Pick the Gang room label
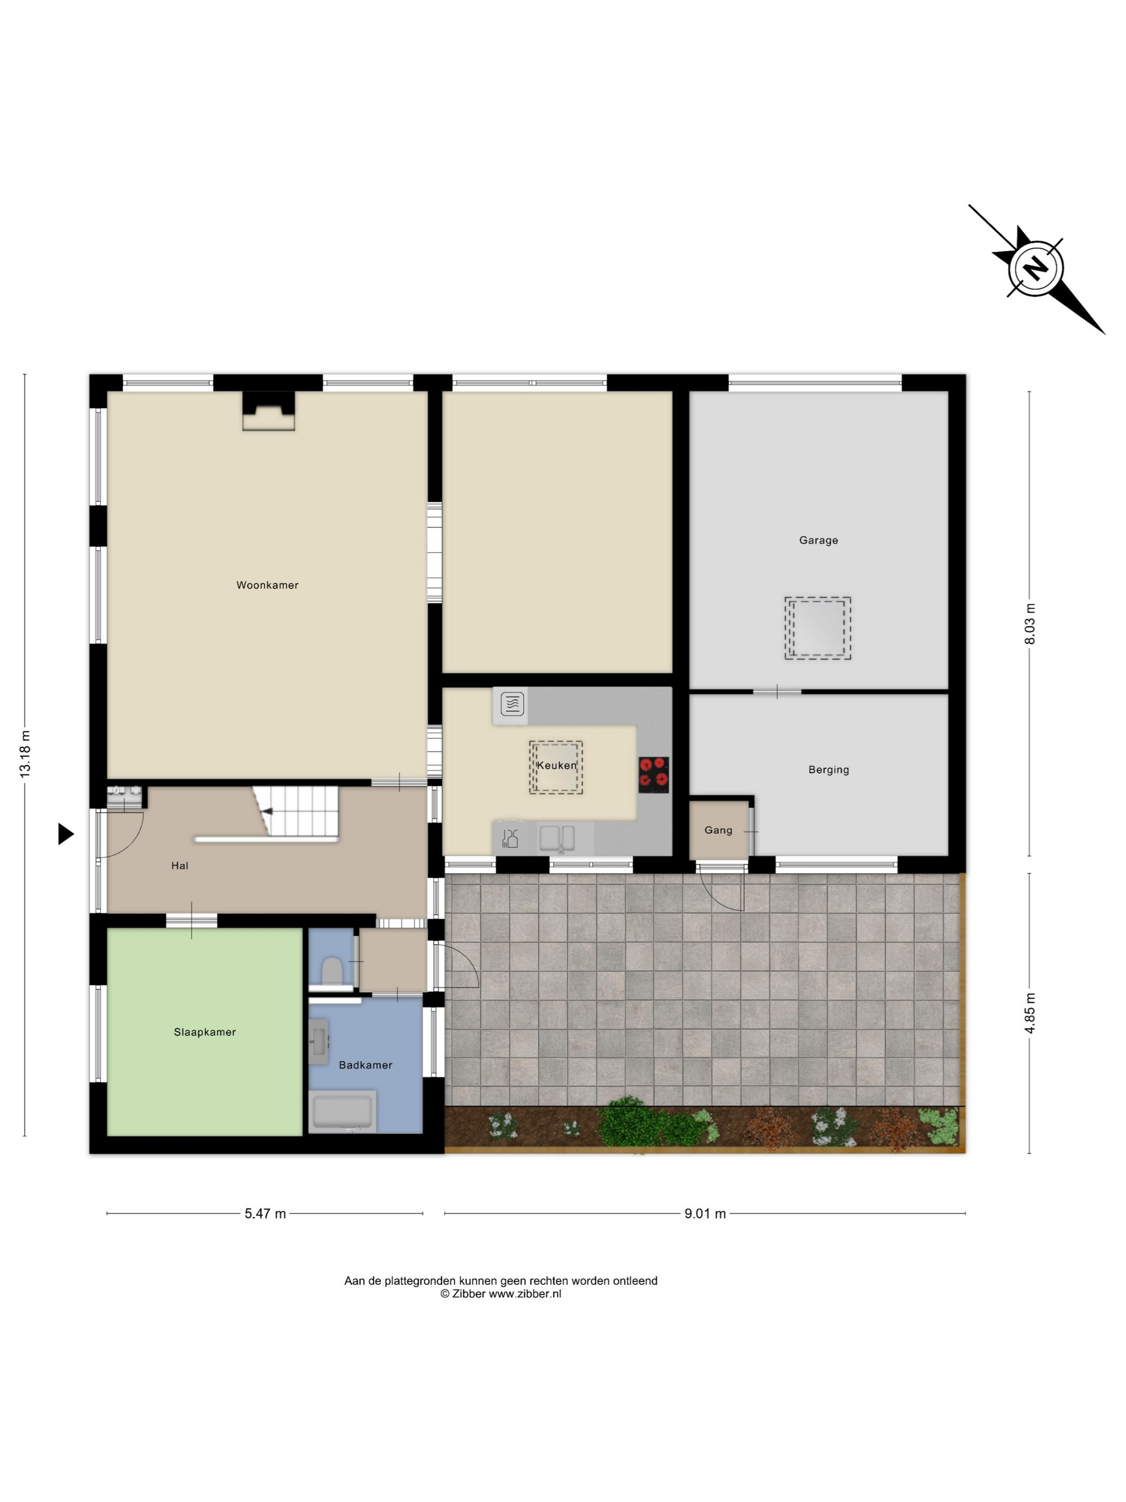pyautogui.click(x=718, y=830)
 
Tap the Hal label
pyautogui.click(x=179, y=866)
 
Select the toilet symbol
pyautogui.click(x=331, y=970)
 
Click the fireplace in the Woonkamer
pyautogui.click(x=268, y=411)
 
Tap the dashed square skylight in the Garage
pyautogui.click(x=817, y=628)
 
